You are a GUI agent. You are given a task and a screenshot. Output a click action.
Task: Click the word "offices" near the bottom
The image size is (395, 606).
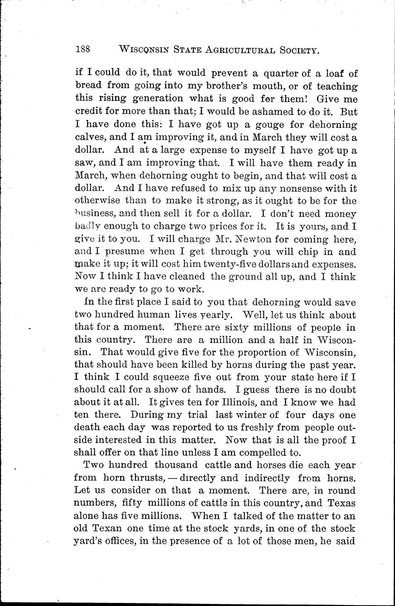click(x=118, y=542)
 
